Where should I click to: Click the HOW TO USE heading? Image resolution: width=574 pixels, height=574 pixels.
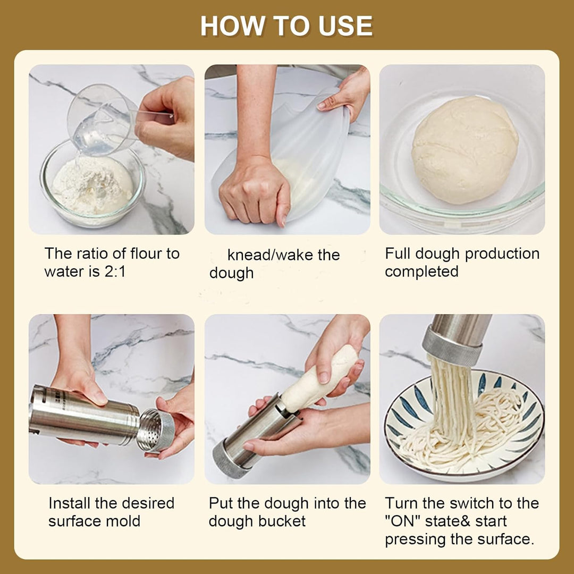(286, 26)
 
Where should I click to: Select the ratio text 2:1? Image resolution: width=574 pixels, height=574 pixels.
(115, 272)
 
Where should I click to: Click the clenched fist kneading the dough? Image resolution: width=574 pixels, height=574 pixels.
(255, 192)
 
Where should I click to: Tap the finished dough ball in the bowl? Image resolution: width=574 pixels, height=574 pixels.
(465, 150)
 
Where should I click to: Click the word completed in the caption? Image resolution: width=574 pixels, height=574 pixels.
(421, 272)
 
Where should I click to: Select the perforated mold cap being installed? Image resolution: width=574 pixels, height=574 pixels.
(156, 430)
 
